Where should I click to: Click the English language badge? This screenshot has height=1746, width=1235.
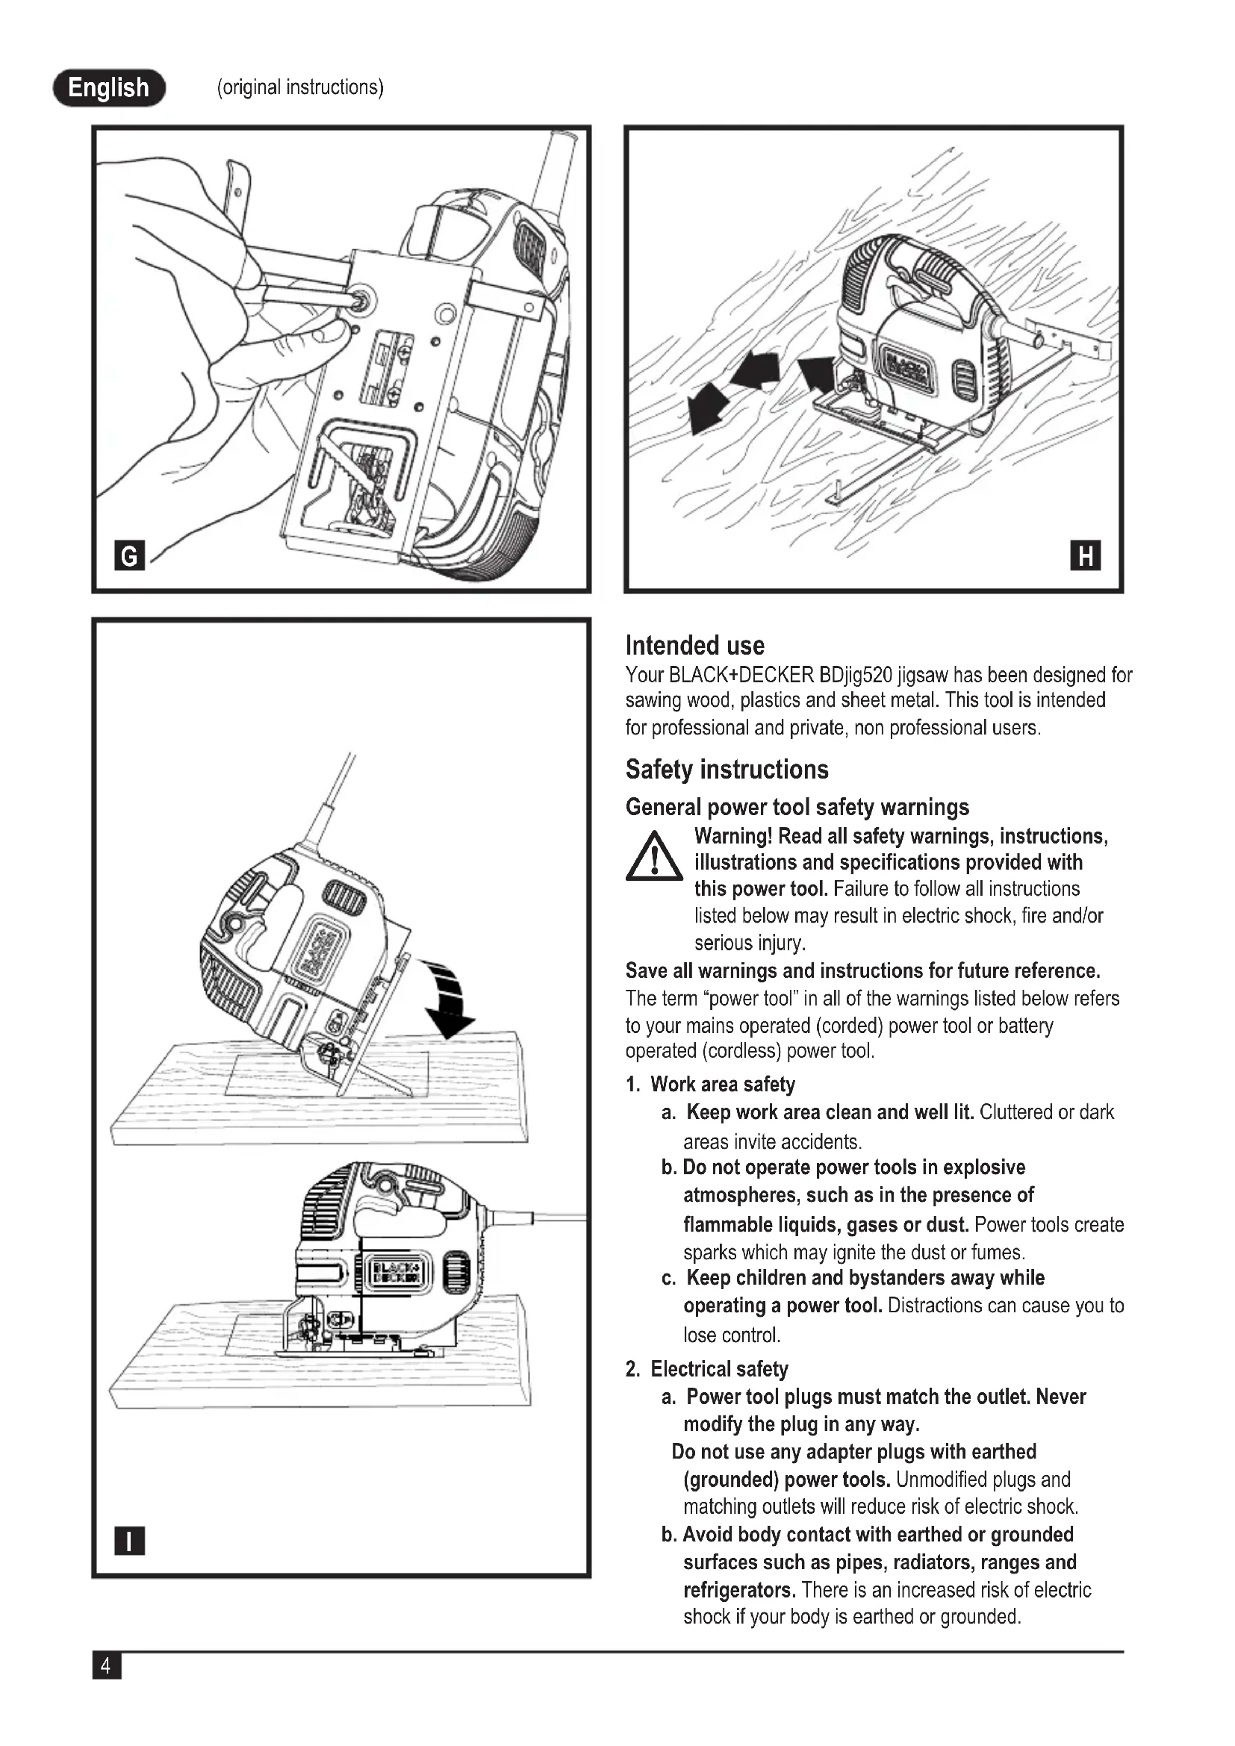[109, 87]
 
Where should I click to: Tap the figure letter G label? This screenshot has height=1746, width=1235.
[129, 556]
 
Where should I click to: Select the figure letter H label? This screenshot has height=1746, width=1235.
[1085, 556]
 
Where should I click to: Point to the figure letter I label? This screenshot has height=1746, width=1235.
[129, 1541]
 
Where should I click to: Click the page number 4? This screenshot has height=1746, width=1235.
[106, 1666]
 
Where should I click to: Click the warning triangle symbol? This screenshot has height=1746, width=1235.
[653, 858]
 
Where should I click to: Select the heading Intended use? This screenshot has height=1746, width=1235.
[694, 646]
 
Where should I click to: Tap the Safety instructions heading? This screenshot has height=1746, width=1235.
[727, 770]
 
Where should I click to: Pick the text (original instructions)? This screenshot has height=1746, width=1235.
[299, 87]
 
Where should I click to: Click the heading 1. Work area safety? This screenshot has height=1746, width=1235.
[710, 1085]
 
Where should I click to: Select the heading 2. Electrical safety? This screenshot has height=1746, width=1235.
[706, 1369]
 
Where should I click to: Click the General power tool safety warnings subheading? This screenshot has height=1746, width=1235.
[797, 807]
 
